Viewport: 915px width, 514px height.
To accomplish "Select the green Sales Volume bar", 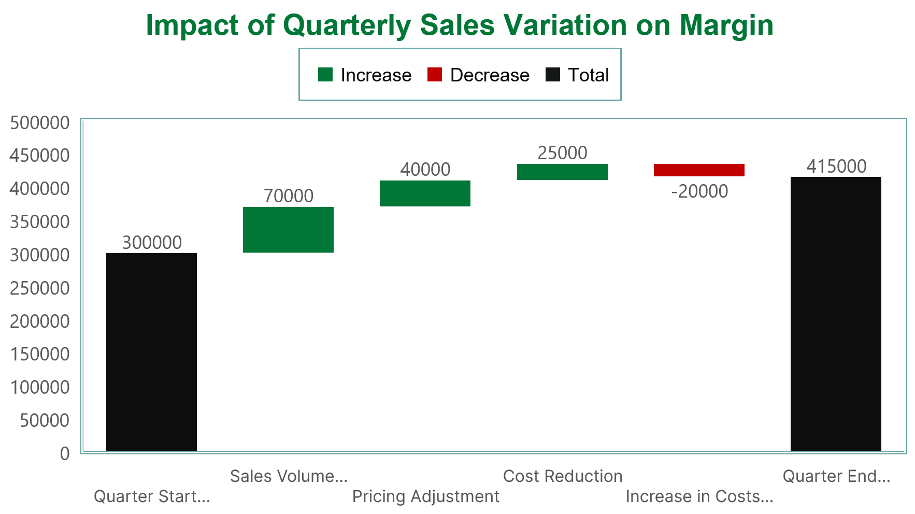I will click(x=288, y=230).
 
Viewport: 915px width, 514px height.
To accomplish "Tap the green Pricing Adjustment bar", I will click(x=425, y=193).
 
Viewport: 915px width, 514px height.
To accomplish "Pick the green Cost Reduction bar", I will click(x=562, y=172).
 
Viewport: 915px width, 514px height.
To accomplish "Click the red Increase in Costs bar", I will click(x=699, y=170).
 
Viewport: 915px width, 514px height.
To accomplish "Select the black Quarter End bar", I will click(x=836, y=314).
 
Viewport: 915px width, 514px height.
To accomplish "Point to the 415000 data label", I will click(x=836, y=166).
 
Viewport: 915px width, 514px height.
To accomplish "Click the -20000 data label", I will click(x=699, y=191).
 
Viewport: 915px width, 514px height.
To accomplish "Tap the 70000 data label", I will click(x=289, y=196).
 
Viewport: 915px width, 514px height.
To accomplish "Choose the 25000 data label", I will click(x=562, y=153).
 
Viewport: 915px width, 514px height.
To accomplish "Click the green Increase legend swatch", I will click(x=325, y=75).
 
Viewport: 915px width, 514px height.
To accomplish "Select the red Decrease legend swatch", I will click(x=435, y=75).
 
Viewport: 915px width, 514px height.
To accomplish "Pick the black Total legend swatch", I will click(x=553, y=75).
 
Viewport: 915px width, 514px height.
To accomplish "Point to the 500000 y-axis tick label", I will click(x=40, y=123).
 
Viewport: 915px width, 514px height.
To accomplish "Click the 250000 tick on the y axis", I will click(x=40, y=288).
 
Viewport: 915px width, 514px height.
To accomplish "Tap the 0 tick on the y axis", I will click(x=65, y=454).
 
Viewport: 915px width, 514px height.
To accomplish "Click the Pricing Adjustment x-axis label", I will click(x=425, y=496).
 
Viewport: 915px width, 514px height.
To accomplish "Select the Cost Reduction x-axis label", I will click(x=563, y=476).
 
